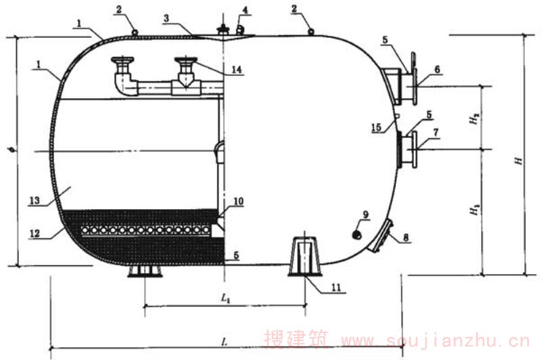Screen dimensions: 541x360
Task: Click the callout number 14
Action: pyautogui.click(x=236, y=70)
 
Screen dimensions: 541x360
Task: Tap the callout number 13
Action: pyautogui.click(x=34, y=200)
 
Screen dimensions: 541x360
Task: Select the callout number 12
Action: pyautogui.click(x=34, y=233)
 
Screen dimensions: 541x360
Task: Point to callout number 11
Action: pyautogui.click(x=336, y=288)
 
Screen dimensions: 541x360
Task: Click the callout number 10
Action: pyautogui.click(x=239, y=201)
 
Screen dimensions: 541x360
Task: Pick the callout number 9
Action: pyautogui.click(x=366, y=215)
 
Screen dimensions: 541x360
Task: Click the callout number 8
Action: pyautogui.click(x=406, y=238)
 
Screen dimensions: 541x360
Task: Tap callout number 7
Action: pyautogui.click(x=436, y=133)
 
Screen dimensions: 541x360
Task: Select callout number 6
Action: pyautogui.click(x=437, y=70)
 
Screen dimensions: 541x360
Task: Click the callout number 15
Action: pyautogui.click(x=377, y=127)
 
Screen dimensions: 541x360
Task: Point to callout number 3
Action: pyautogui.click(x=166, y=18)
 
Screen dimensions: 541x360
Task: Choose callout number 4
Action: pyautogui.click(x=245, y=9)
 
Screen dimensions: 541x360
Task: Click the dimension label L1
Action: pyautogui.click(x=225, y=298)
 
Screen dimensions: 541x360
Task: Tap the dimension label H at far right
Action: pyautogui.click(x=519, y=161)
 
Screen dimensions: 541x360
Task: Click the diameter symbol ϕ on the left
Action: pyautogui.click(x=11, y=150)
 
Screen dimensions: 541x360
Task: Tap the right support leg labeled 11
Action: pyautogui.click(x=305, y=256)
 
